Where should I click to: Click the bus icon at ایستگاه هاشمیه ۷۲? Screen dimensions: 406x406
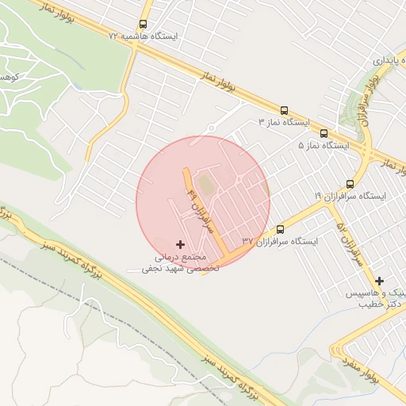[143, 25]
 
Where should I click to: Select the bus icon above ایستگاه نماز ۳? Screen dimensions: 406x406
[284, 111]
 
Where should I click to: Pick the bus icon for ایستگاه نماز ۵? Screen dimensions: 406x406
[324, 133]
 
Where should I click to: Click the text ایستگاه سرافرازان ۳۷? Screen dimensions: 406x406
[279, 240]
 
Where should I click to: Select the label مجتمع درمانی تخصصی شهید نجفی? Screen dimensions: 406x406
[174, 263]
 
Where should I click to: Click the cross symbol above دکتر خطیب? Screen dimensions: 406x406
[380, 281]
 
